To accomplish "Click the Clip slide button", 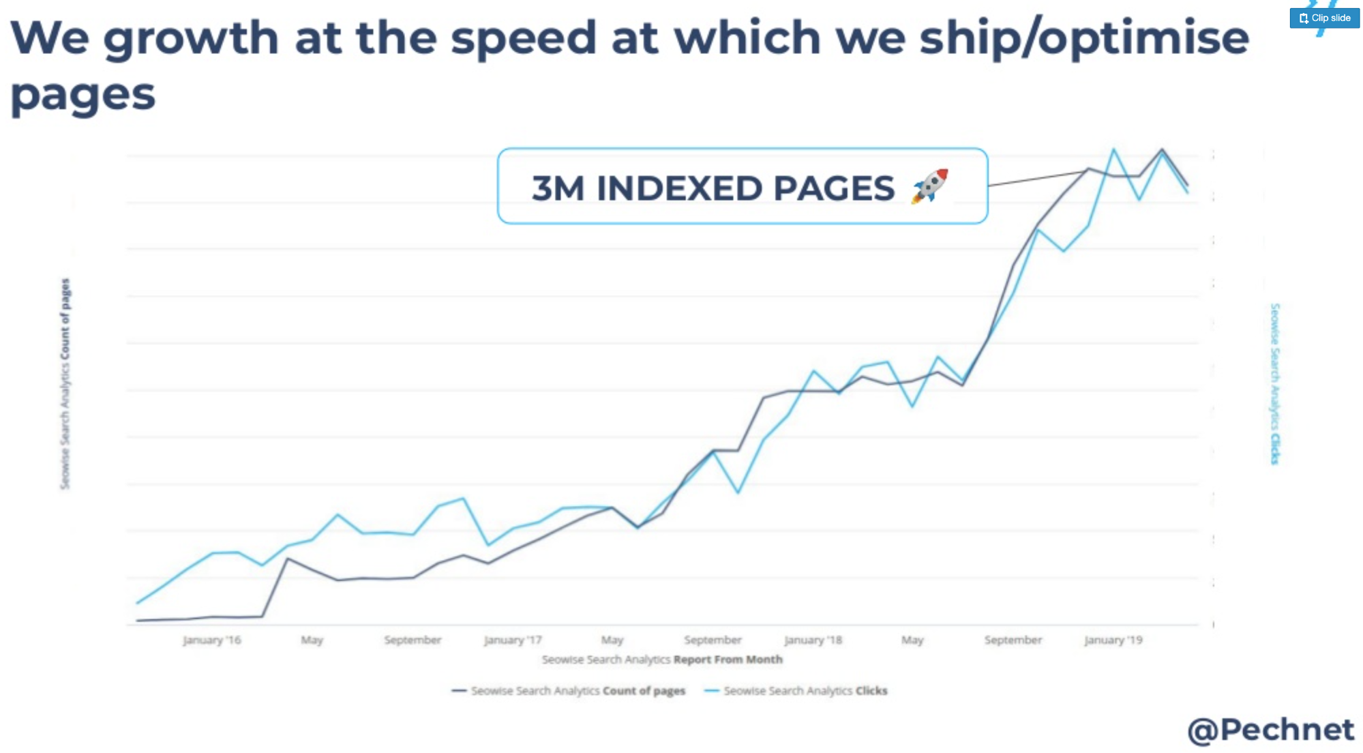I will pos(1324,18).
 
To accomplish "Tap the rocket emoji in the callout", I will pos(930,186).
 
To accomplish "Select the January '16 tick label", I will pos(212,640).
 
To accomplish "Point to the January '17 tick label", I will pos(513,640).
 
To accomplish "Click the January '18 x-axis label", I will pos(813,640).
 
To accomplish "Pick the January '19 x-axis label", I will pos(1113,640).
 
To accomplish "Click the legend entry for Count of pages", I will pos(569,691).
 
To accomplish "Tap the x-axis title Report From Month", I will pos(728,660).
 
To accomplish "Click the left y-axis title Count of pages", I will pos(65,384).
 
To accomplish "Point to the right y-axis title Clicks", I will pos(1274,384).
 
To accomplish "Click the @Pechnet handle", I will pos(1270,730).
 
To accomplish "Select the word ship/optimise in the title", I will pos(1084,38).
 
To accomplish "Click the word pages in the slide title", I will pos(83,94).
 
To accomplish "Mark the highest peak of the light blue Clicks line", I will pos(1113,149).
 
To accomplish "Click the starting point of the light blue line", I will pos(138,603).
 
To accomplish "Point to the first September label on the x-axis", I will pos(413,640).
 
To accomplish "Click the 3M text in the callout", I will pos(558,188).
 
